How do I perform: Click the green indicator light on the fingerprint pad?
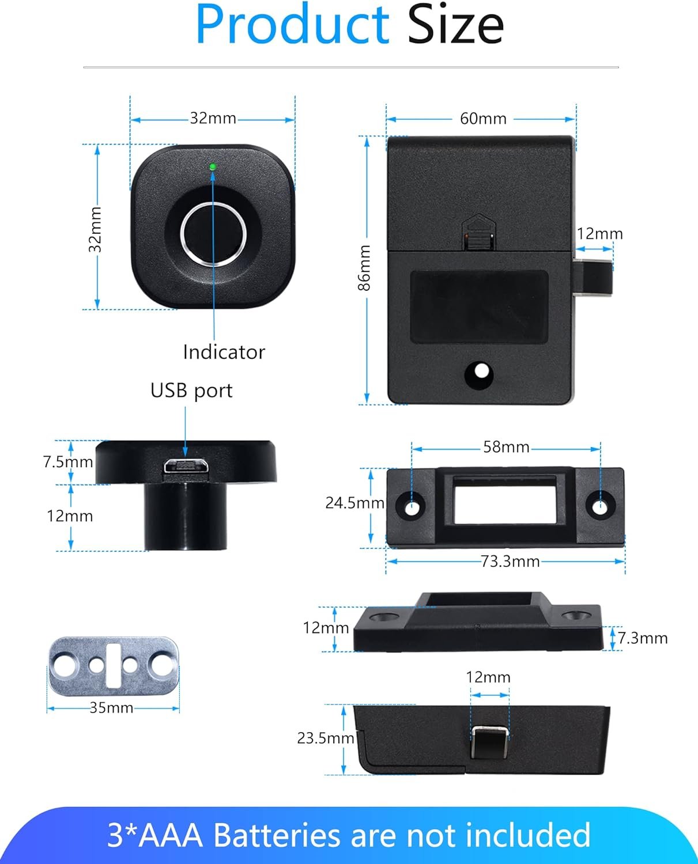(x=213, y=167)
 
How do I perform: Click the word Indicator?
(x=224, y=352)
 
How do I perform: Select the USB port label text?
(x=191, y=391)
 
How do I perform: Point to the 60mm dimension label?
(x=483, y=119)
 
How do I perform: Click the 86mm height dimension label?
(x=364, y=268)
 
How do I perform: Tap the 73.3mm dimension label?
(x=510, y=561)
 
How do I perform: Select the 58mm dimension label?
(x=506, y=447)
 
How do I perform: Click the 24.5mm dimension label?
(x=354, y=503)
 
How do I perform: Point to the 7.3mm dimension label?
(x=643, y=638)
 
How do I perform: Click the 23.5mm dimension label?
(x=325, y=738)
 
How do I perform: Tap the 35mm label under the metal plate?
(x=111, y=708)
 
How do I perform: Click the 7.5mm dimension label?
(x=67, y=462)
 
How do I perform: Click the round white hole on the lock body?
(x=479, y=373)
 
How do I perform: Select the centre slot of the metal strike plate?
(x=113, y=666)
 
